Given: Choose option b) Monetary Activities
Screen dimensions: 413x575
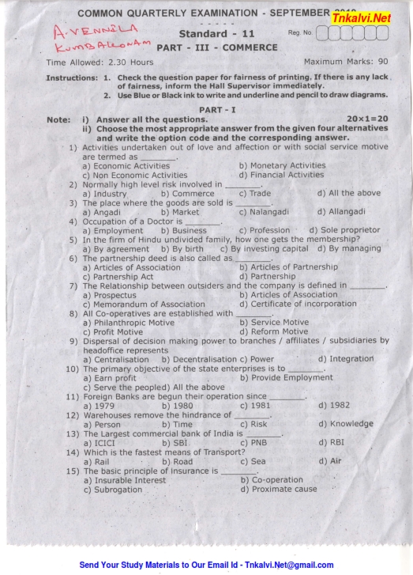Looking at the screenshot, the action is [x=282, y=166].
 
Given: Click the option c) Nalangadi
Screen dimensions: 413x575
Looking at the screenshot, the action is [x=265, y=211].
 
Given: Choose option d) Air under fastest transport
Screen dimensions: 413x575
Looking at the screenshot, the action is [x=330, y=461].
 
